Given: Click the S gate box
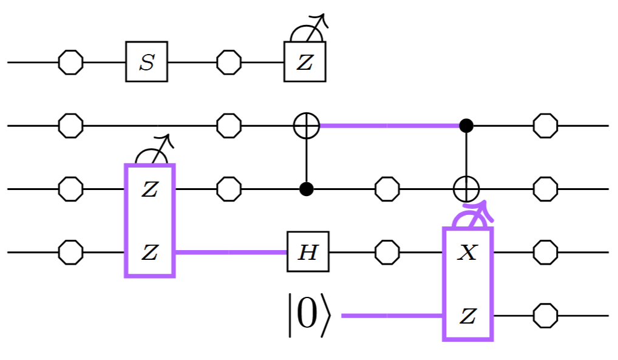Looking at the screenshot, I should (146, 62).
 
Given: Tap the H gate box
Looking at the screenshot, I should (308, 251).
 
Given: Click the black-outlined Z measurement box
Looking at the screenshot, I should (305, 62).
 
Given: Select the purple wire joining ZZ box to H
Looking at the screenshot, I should (231, 251).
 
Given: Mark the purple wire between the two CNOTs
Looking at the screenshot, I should (389, 126).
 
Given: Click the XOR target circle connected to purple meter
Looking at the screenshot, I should (466, 189).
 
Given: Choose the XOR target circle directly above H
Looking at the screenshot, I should (306, 126).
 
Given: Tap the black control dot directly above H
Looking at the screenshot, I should (306, 189).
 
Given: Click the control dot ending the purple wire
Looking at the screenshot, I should (466, 126).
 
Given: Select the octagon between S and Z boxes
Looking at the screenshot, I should (228, 62).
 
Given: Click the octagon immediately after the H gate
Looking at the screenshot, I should (387, 251).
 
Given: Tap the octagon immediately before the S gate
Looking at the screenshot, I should (70, 62).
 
